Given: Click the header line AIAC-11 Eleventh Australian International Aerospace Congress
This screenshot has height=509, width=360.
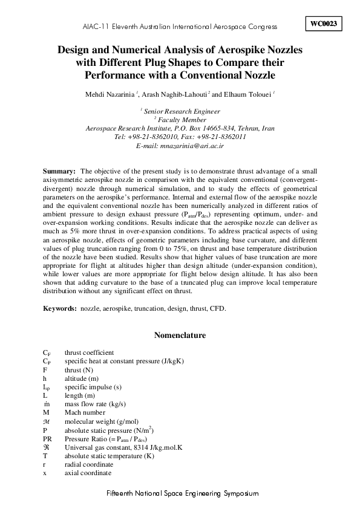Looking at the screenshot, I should (x=180, y=27).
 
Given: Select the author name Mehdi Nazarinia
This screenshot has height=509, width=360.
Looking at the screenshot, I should (x=111, y=94).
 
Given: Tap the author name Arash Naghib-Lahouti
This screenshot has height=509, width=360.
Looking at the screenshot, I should (x=174, y=94).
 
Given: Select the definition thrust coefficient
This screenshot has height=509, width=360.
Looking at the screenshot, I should (x=89, y=352).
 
